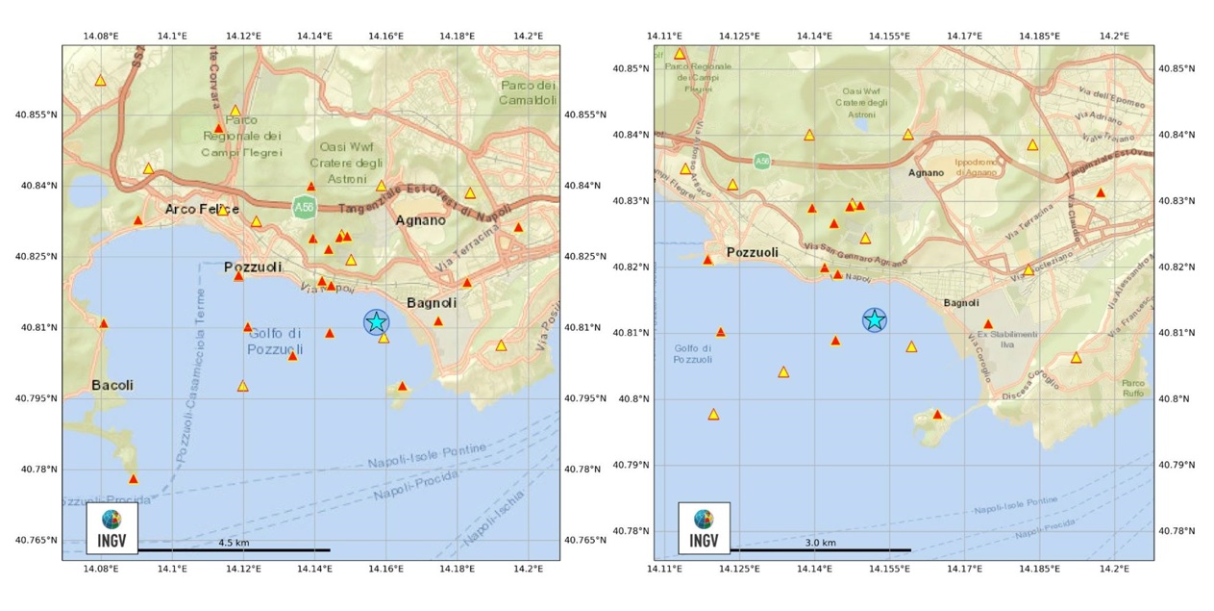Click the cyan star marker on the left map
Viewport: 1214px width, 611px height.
click(377, 321)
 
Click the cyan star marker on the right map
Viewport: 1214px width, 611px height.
click(874, 319)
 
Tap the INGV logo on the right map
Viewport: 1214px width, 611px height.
click(704, 528)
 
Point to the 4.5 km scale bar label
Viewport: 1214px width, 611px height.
click(234, 543)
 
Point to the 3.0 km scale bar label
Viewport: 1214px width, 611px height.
click(820, 543)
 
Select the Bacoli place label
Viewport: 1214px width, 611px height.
click(112, 385)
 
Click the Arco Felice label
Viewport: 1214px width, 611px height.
click(202, 209)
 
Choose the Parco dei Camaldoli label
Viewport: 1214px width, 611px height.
click(529, 92)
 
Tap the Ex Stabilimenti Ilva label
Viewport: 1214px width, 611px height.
click(1006, 339)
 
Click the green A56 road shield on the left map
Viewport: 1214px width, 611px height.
click(305, 205)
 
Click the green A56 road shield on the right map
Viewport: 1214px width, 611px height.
click(761, 161)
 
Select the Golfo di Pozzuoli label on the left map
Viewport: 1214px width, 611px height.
click(275, 342)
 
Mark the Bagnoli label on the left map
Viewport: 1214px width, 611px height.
click(432, 302)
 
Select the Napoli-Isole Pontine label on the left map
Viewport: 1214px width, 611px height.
click(427, 456)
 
